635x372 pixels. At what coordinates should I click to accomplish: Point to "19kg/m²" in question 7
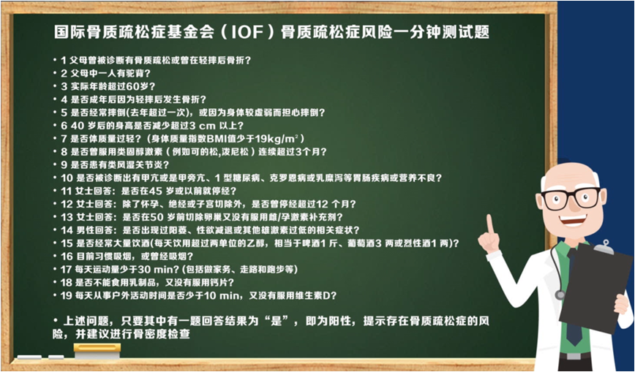point(279,139)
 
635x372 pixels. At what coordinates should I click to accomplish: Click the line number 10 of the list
point(67,178)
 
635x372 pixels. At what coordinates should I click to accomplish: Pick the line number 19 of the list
point(67,295)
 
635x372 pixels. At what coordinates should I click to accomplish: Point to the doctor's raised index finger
point(490,224)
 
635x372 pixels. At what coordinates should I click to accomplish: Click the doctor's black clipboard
point(595,286)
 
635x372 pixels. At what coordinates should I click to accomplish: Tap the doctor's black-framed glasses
point(571,198)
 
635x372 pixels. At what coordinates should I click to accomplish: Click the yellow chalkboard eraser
point(97,351)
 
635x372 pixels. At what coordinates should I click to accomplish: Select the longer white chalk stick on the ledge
point(29,357)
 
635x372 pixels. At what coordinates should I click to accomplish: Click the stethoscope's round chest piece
point(560,295)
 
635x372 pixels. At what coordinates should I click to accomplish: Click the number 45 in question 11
point(156,191)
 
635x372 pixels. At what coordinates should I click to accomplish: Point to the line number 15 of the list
point(67,243)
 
